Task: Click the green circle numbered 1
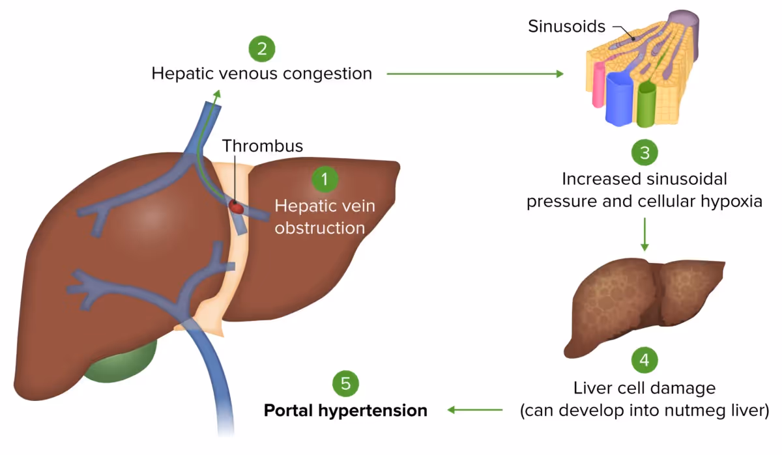click(x=325, y=178)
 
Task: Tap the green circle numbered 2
click(x=262, y=48)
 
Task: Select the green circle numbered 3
click(x=644, y=153)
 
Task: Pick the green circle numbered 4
click(x=644, y=359)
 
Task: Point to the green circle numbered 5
click(x=345, y=383)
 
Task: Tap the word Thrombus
click(x=263, y=146)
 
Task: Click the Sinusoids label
click(x=566, y=27)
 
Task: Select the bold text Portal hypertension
click(x=345, y=411)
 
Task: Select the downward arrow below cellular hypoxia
click(x=644, y=234)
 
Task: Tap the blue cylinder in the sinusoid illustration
click(x=620, y=98)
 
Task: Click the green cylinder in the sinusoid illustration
click(x=646, y=103)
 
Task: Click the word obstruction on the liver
click(x=319, y=228)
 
